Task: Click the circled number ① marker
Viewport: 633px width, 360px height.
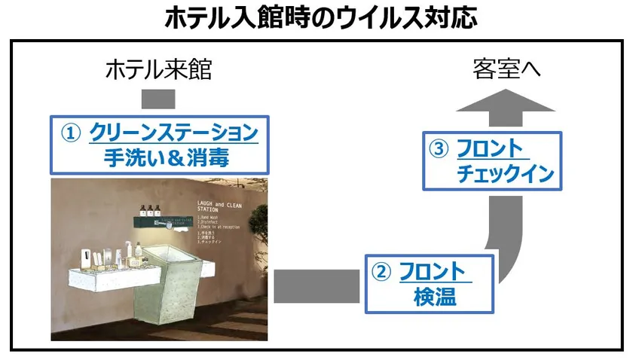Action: tap(70, 133)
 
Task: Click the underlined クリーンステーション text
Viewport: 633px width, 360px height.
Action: tap(173, 133)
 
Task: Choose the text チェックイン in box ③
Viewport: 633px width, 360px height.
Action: tap(505, 174)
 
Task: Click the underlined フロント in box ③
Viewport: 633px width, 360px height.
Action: tap(488, 148)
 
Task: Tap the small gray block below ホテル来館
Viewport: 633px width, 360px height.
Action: tap(158, 99)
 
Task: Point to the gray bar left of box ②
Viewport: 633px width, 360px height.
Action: tap(316, 285)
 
